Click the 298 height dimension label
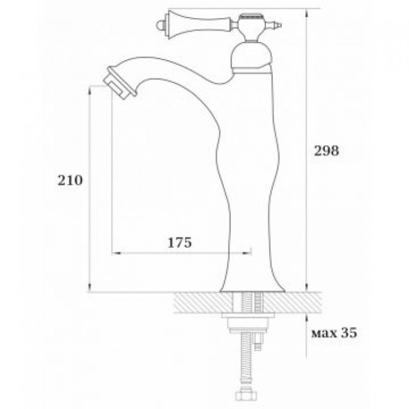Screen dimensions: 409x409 pyautogui.click(x=326, y=151)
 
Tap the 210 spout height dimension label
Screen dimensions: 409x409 pyautogui.click(x=70, y=180)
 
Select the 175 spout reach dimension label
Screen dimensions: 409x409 pyautogui.click(x=179, y=243)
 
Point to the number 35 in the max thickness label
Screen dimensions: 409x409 pyautogui.click(x=348, y=333)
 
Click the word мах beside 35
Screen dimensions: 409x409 pyautogui.click(x=324, y=334)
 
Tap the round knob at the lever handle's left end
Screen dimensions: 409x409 pyautogui.click(x=159, y=26)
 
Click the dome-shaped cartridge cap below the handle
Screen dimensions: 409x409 pyautogui.click(x=251, y=58)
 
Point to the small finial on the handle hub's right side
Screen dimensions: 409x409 pyautogui.click(x=277, y=26)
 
